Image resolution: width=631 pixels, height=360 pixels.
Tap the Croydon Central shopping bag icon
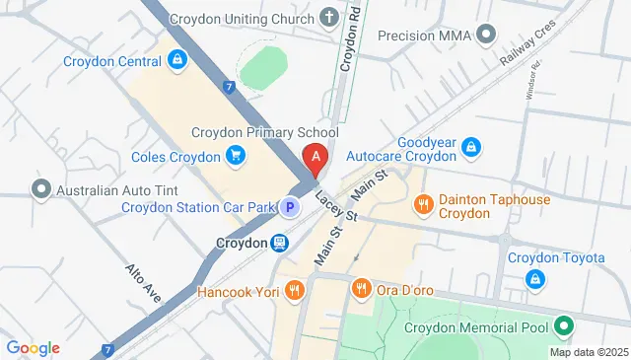[x=176, y=60]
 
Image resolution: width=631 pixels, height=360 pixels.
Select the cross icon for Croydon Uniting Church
[x=327, y=19]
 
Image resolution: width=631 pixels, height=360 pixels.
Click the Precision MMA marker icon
[x=485, y=36]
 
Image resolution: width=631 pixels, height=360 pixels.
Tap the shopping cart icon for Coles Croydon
[x=235, y=156]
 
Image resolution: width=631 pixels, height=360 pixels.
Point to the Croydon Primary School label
[x=263, y=133]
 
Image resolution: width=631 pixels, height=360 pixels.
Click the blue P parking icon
[x=289, y=207]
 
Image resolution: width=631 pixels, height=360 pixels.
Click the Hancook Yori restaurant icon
[x=294, y=290]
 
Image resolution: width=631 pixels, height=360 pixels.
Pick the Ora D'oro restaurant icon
[x=361, y=288]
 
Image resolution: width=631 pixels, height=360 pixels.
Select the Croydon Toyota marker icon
[x=533, y=279]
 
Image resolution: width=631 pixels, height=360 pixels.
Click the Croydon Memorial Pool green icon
[x=563, y=324]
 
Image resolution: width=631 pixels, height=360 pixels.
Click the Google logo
[x=33, y=347]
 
